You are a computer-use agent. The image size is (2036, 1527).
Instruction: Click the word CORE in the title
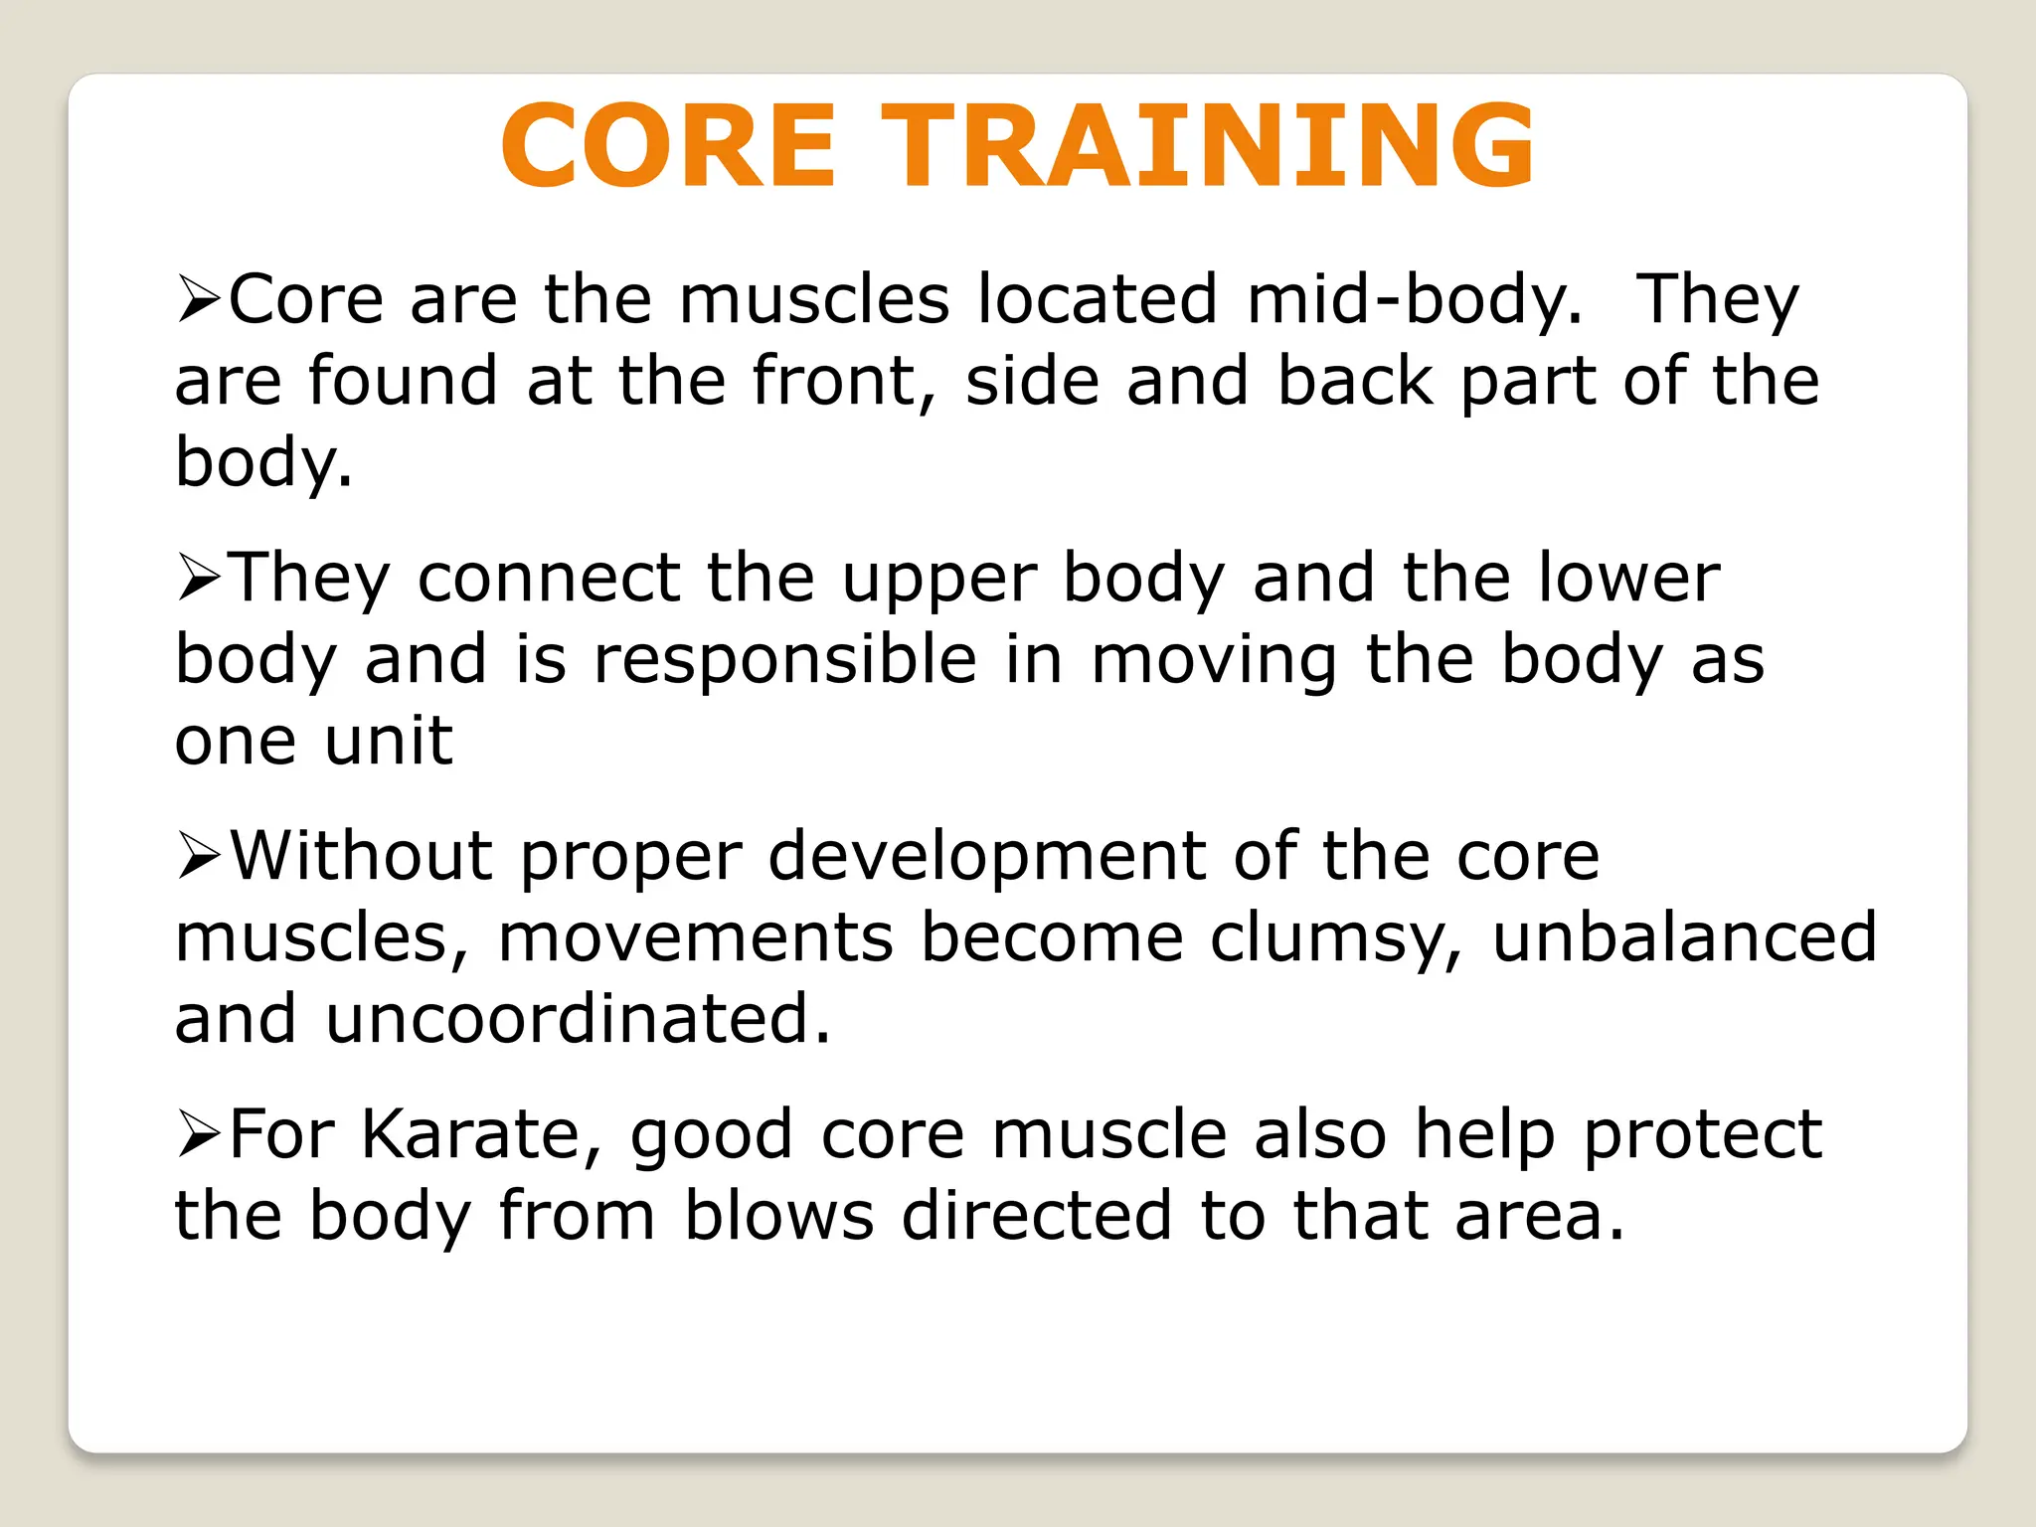(668, 146)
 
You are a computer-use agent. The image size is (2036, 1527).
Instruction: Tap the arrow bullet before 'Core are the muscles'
(198, 300)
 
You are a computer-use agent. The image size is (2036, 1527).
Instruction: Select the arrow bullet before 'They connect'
(198, 579)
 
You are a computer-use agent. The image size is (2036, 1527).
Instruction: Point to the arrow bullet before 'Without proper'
(198, 857)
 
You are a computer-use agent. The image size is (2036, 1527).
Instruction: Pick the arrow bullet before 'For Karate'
(198, 1135)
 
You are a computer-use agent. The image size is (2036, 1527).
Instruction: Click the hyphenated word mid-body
(1413, 300)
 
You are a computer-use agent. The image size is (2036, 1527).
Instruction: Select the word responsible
(784, 660)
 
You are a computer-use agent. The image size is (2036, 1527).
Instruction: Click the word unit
(388, 742)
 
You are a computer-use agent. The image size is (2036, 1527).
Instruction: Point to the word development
(986, 857)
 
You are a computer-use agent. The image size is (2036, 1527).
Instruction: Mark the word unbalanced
(1684, 938)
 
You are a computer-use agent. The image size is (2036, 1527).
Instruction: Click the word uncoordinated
(577, 1020)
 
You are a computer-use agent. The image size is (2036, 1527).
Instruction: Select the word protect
(1702, 1135)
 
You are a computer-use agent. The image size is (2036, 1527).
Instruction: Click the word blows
(778, 1217)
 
